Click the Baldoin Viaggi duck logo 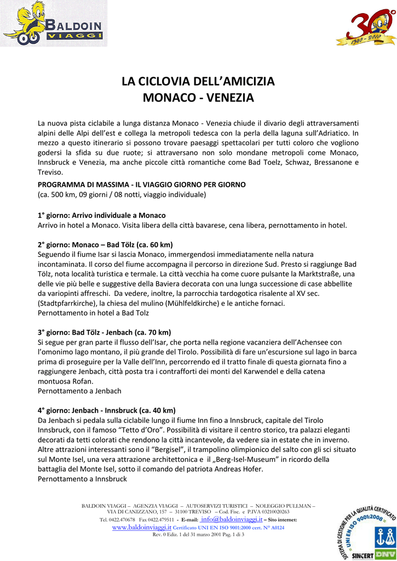click(x=53, y=23)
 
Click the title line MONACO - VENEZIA click(x=198, y=98)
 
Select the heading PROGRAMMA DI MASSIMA click(x=141, y=185)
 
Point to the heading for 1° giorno click(x=101, y=215)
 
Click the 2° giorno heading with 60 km click(x=105, y=244)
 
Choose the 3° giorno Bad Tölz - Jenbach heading click(x=104, y=333)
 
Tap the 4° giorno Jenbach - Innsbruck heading click(x=106, y=410)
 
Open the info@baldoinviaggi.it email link click(x=231, y=519)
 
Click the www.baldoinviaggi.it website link click(x=142, y=527)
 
